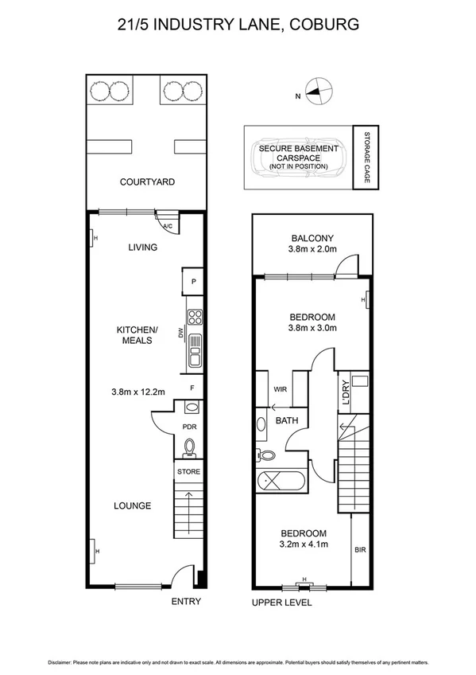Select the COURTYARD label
pos(147,182)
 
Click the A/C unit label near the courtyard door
pos(168,226)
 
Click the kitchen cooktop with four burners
pos(195,316)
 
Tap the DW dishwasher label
pos(181,336)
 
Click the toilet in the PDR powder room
pos(190,449)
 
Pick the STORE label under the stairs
pos(189,472)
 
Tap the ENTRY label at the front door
pos(186,602)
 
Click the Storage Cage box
pos(366,158)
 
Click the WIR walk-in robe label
pos(280,390)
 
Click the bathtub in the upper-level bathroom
pos(282,482)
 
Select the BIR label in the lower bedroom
pos(360,549)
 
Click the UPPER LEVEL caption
pos(282,603)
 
